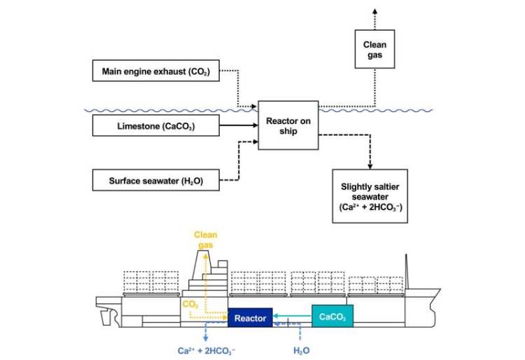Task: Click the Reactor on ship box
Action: coord(283,125)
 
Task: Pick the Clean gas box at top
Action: coord(374,49)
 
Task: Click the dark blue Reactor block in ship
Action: coord(250,318)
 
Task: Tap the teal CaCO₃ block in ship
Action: coord(332,317)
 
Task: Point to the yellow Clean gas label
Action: coord(205,240)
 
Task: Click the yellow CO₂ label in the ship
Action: coord(190,305)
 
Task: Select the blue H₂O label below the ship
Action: coord(300,347)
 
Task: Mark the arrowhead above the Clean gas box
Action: coord(374,13)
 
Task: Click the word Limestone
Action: coord(137,127)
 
